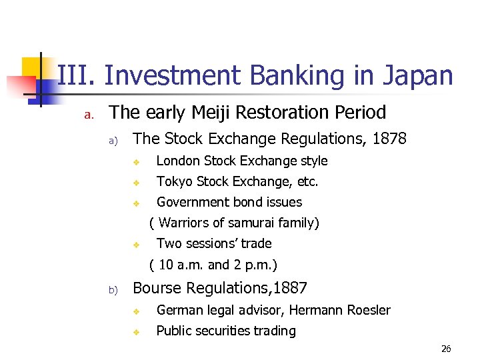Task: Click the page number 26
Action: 446,349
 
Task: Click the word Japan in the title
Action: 417,76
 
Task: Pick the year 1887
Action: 288,288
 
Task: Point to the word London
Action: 178,161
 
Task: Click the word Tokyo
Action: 173,181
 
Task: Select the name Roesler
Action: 368,310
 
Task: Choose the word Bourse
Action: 157,288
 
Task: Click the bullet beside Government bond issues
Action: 135,203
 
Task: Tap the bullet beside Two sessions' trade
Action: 135,244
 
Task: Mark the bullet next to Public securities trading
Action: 135,331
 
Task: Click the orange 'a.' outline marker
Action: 87,114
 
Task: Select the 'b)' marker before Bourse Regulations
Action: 113,290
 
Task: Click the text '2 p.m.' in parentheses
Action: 253,265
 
